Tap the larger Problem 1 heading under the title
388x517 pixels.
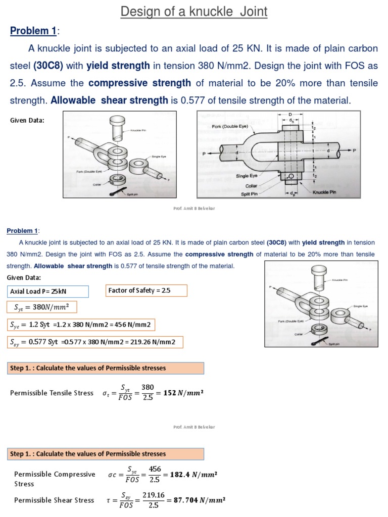(x=33, y=31)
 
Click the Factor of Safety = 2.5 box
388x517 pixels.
(x=146, y=290)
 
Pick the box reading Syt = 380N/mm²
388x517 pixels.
(x=38, y=308)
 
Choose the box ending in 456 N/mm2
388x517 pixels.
(x=81, y=325)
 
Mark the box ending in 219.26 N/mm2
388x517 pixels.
(x=94, y=342)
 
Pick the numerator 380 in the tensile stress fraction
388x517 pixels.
(x=148, y=387)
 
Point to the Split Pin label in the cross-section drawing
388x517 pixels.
(x=251, y=193)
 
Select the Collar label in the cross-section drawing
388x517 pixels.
(x=253, y=185)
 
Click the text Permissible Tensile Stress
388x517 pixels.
(x=52, y=393)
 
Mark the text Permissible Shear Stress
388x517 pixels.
(x=54, y=500)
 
